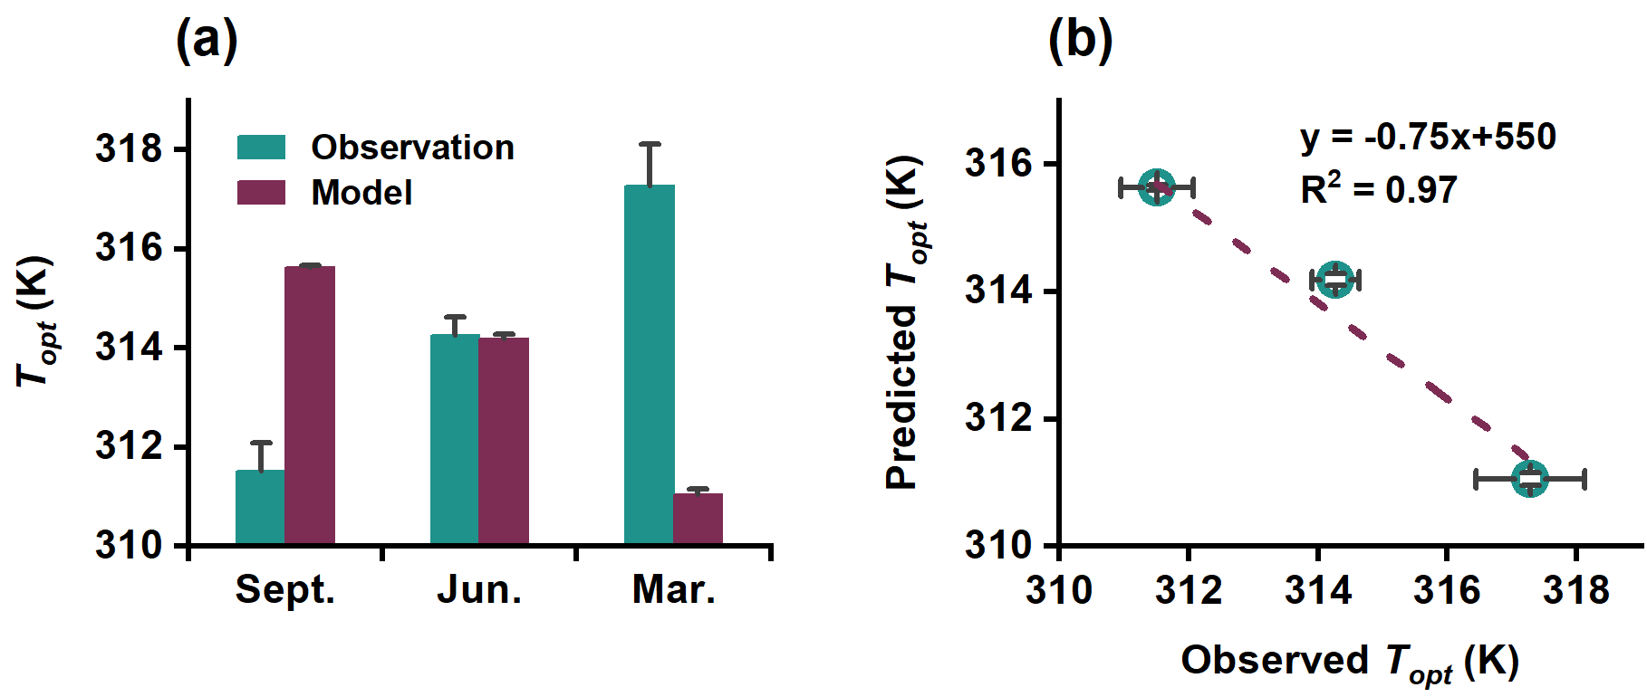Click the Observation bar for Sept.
click(260, 507)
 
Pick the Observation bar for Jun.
click(455, 440)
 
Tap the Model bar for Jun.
click(504, 441)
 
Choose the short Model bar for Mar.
click(698, 519)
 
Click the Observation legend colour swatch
click(261, 148)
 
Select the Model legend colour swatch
click(261, 192)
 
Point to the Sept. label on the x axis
click(285, 590)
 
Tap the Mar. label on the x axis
click(673, 590)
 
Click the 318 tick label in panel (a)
click(129, 148)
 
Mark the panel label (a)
click(207, 41)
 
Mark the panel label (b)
click(1080, 41)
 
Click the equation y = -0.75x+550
click(1428, 138)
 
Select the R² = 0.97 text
click(1379, 190)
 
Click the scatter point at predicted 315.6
click(1157, 187)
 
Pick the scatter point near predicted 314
click(1335, 280)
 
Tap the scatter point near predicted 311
click(1530, 478)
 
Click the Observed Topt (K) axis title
click(1350, 662)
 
